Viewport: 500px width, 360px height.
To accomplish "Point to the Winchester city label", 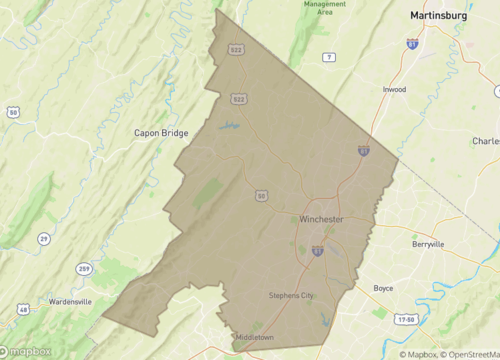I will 322,219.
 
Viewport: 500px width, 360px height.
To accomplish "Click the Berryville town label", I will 428,243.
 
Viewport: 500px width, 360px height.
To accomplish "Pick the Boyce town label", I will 383,288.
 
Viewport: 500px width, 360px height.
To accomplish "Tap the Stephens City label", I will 291,295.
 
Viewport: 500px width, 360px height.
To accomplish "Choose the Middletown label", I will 254,337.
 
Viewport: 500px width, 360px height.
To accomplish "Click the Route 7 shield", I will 329,57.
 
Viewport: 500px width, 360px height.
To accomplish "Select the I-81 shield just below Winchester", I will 316,251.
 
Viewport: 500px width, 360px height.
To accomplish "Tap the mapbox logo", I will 29,351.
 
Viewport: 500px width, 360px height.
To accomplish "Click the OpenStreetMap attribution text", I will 466,353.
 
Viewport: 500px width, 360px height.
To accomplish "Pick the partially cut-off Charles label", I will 486,141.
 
